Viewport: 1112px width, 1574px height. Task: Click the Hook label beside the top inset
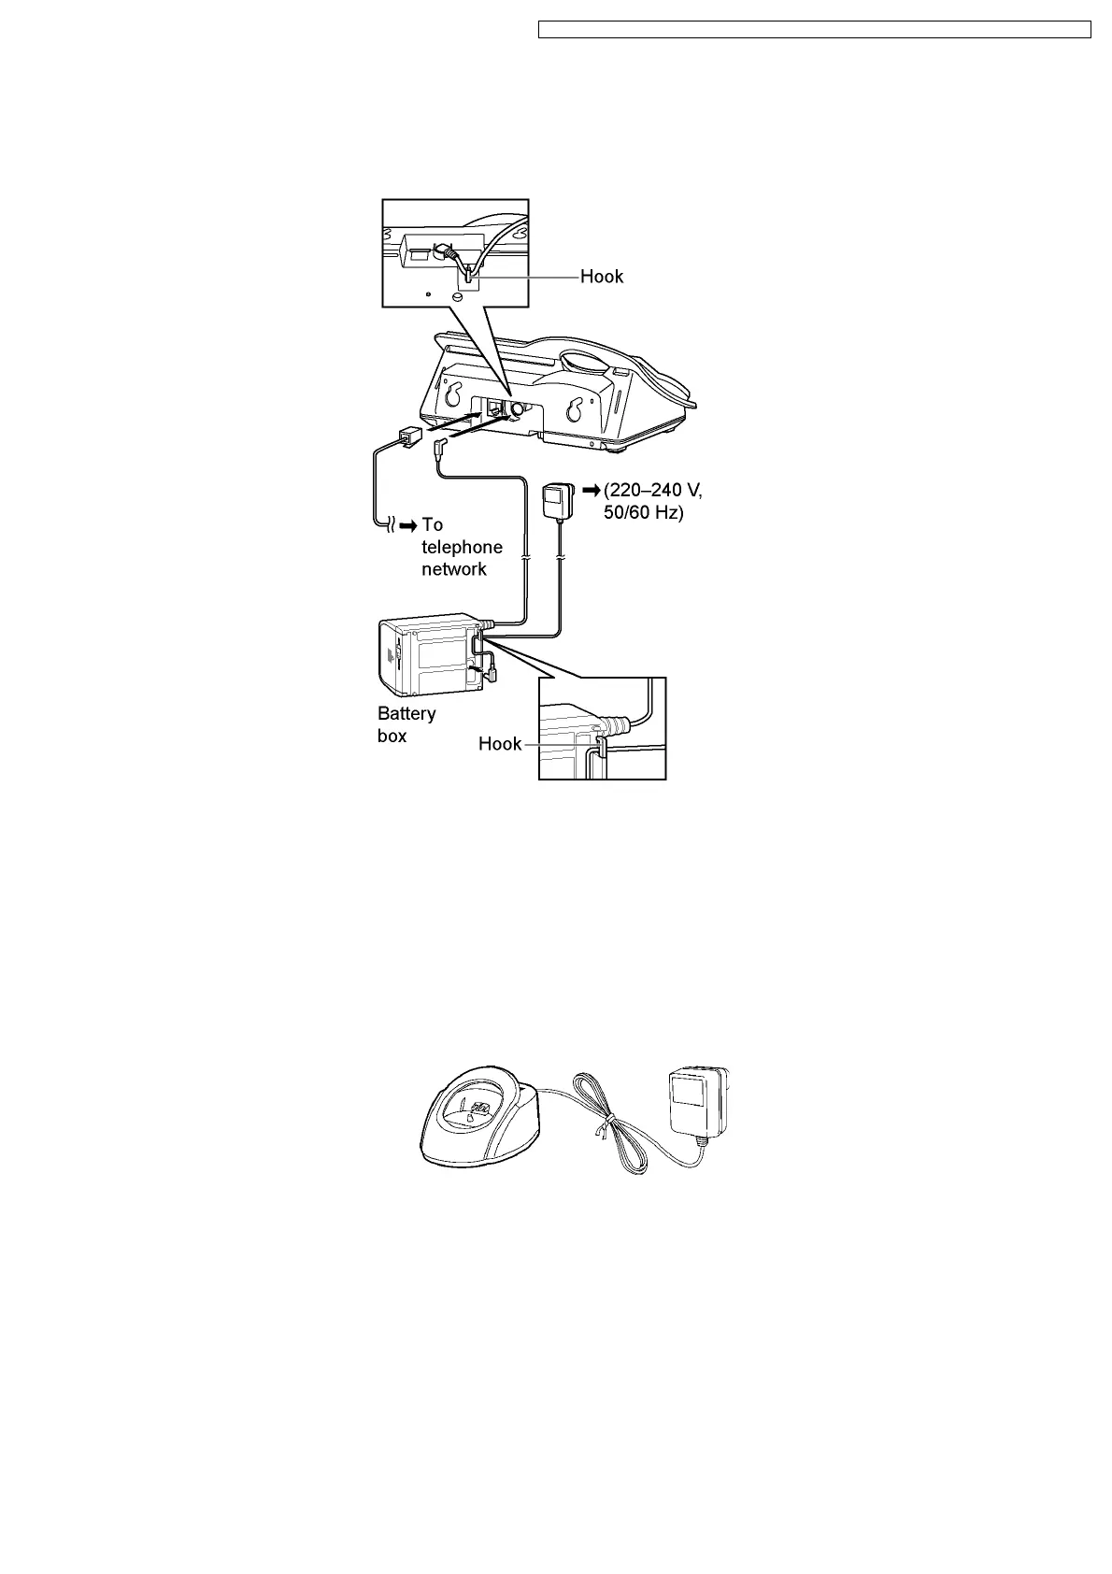tap(601, 277)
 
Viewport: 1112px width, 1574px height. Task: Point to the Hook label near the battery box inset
tap(499, 744)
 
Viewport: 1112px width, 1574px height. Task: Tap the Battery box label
tap(406, 724)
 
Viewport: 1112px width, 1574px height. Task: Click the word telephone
tap(462, 547)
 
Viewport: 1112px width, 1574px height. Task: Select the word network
tap(454, 569)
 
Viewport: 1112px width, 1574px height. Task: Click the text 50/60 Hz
tap(643, 513)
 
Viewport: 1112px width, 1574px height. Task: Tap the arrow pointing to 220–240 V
tap(591, 490)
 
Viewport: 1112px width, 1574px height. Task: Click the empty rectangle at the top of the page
tap(815, 30)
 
